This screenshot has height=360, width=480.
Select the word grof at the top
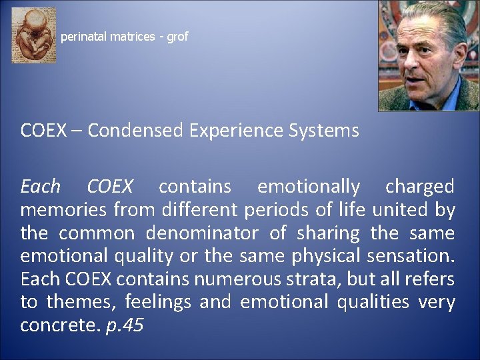[177, 37]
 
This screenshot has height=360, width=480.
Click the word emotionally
[309, 186]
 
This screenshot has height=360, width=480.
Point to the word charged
[420, 186]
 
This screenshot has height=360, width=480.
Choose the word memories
[59, 210]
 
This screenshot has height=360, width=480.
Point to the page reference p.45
[125, 326]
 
